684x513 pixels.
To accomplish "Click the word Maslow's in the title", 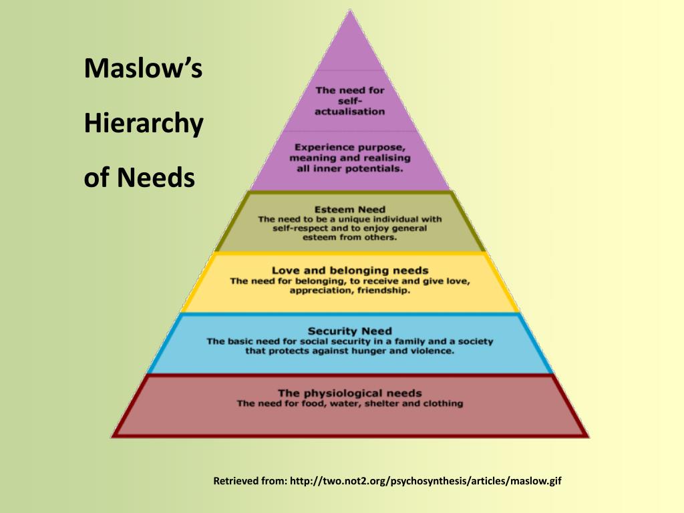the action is [x=143, y=69].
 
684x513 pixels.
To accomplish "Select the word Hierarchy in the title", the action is [x=143, y=124].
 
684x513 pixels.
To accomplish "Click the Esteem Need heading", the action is [x=350, y=209].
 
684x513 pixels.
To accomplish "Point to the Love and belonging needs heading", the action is [x=350, y=271].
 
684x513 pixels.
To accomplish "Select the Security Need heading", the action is [x=350, y=331].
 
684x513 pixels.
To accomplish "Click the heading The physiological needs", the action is [x=350, y=393].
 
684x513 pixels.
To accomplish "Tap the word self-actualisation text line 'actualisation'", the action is [x=350, y=112].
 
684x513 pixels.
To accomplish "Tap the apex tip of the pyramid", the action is [x=350, y=11].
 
